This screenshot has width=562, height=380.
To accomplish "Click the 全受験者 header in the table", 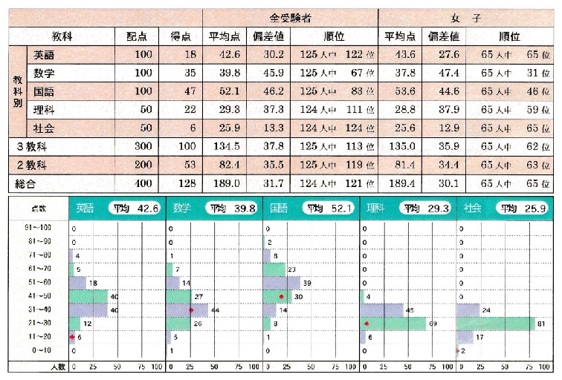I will [x=291, y=16].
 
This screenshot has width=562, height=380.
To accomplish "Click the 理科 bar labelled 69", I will [x=394, y=324].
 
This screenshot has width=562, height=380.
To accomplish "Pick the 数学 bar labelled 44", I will [x=187, y=309].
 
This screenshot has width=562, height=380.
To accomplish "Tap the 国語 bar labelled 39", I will [x=282, y=282].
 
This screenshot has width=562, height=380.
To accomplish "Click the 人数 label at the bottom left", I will [x=57, y=367].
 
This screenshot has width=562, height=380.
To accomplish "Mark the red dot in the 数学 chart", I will [x=191, y=309].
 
